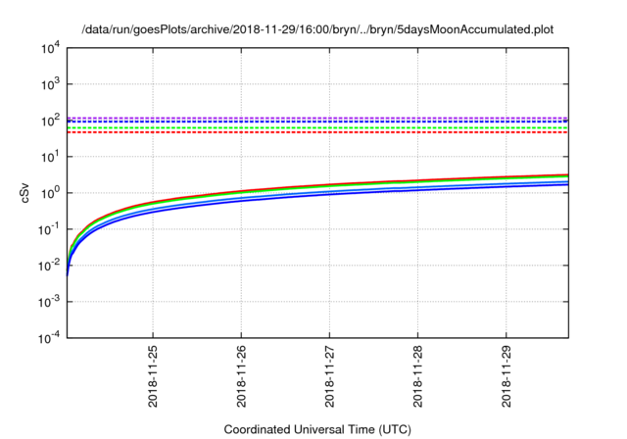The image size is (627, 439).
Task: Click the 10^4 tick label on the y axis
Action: pyautogui.click(x=49, y=48)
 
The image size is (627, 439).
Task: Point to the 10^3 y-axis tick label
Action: pyautogui.click(x=49, y=84)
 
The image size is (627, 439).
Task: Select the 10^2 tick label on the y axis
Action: pyautogui.click(x=49, y=121)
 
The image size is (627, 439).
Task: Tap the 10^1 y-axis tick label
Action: pyautogui.click(x=49, y=157)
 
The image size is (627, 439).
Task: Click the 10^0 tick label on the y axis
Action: pyautogui.click(x=49, y=193)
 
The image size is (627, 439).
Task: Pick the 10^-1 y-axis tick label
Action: pyautogui.click(x=48, y=229)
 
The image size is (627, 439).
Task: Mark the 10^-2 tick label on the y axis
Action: pyautogui.click(x=48, y=265)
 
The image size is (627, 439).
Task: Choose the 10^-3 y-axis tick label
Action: pyautogui.click(x=48, y=301)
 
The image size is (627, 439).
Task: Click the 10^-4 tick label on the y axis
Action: pyautogui.click(x=48, y=337)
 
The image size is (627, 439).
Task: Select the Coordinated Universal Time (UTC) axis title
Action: pyautogui.click(x=317, y=429)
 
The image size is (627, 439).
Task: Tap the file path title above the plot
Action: pyautogui.click(x=317, y=29)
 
